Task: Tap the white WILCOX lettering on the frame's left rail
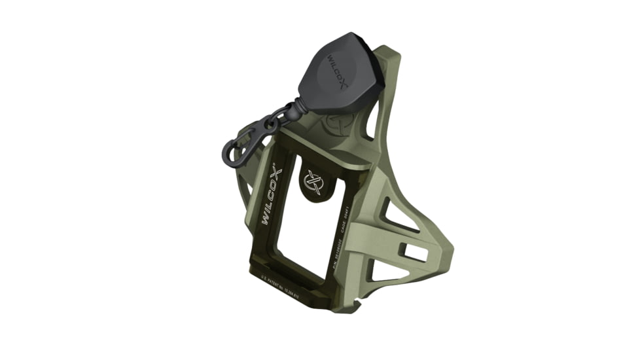tap(272, 195)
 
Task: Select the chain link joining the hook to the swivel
tap(270, 122)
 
